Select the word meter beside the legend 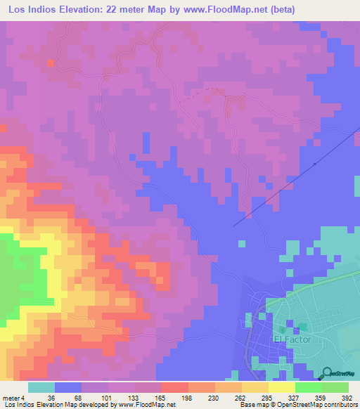(x=9, y=397)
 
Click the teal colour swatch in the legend (x=41, y=387)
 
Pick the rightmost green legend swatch (x=335, y=387)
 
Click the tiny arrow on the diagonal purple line (x=314, y=164)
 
